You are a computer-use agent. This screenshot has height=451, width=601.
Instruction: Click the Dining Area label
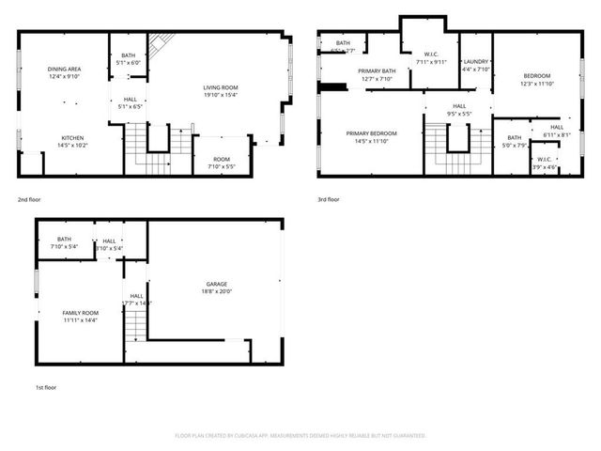pos(65,69)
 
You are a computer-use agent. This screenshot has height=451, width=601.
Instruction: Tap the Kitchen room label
pos(65,137)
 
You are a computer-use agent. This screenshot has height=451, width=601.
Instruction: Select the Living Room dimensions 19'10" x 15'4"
pos(221,94)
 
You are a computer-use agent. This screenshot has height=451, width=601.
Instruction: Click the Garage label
pos(217,283)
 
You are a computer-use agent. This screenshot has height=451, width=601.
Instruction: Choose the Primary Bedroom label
pos(371,133)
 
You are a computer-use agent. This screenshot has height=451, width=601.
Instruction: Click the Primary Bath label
pos(376,70)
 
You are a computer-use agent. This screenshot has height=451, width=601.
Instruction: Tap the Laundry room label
pos(476,62)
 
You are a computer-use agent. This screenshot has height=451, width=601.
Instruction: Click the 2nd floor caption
pos(29,199)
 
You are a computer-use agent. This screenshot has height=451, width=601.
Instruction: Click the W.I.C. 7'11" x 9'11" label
pos(431,58)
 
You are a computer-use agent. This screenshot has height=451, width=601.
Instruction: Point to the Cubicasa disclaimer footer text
pos(300,436)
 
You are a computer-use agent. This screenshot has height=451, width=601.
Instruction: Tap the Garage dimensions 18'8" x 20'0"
pos(217,291)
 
